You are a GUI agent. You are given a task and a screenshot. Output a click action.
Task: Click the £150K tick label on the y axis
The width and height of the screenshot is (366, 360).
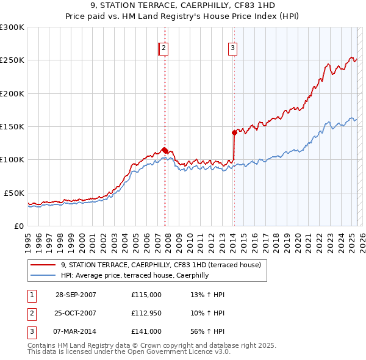tap(12, 126)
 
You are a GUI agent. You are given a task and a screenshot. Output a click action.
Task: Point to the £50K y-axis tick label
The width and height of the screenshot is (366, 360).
tap(14, 193)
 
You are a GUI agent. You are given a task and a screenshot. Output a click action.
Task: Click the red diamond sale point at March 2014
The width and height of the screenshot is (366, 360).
tap(234, 132)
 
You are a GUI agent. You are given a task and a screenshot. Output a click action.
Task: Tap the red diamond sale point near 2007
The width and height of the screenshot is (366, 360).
tap(165, 150)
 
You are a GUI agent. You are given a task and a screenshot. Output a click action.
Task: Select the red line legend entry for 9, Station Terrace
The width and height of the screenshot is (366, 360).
tap(161, 265)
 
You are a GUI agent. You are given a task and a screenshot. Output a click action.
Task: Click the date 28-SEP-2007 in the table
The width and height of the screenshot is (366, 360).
tap(76, 295)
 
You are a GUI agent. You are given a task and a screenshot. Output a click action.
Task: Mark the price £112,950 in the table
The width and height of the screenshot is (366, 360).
tap(146, 314)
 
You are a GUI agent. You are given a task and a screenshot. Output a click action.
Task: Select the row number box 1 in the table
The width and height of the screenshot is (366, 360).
tap(31, 295)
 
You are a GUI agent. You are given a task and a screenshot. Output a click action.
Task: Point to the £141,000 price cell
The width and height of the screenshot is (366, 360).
tap(146, 332)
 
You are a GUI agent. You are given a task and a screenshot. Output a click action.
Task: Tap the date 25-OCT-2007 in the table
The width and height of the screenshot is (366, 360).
tap(76, 314)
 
